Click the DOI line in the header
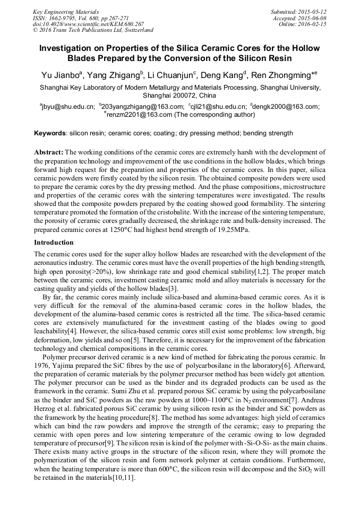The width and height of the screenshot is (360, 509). click(88, 24)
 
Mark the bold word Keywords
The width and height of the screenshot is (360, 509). click(50, 133)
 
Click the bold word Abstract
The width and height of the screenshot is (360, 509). click(49, 152)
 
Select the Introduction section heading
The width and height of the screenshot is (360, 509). click(54, 243)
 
